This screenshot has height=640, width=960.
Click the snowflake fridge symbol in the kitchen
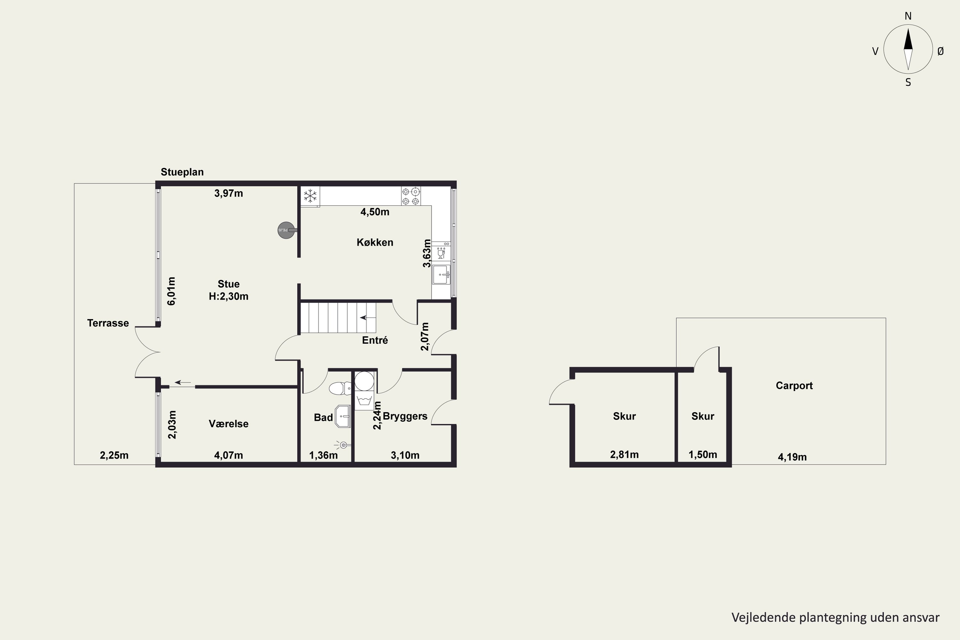pyautogui.click(x=310, y=196)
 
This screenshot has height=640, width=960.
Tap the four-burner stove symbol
pyautogui.click(x=411, y=196)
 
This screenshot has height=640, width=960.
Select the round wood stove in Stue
pyautogui.click(x=286, y=230)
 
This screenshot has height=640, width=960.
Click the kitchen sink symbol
pyautogui.click(x=441, y=275)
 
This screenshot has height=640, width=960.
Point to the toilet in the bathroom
pyautogui.click(x=340, y=388)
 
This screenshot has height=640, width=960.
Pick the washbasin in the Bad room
pyautogui.click(x=343, y=416)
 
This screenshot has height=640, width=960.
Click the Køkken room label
pyautogui.click(x=375, y=243)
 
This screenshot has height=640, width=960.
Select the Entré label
pyautogui.click(x=375, y=340)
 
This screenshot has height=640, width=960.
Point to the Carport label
pyautogui.click(x=794, y=386)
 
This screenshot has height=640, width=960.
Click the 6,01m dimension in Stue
pyautogui.click(x=172, y=291)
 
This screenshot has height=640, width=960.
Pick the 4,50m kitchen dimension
pyautogui.click(x=375, y=212)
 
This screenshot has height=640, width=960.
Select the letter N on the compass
pyautogui.click(x=908, y=16)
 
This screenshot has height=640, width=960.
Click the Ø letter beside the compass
pyautogui.click(x=941, y=51)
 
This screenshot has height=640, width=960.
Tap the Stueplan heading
pyautogui.click(x=182, y=172)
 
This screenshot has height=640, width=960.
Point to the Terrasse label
pyautogui.click(x=108, y=323)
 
